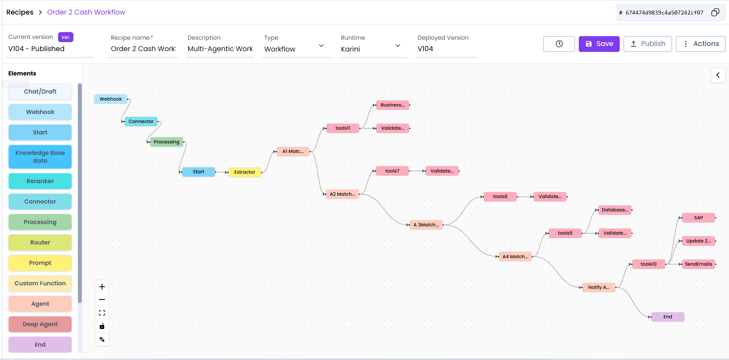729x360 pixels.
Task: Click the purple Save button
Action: [x=599, y=44]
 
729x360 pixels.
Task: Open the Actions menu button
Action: [x=700, y=44]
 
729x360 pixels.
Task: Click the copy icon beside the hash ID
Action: [x=715, y=13]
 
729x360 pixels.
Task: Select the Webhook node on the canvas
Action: [x=111, y=99]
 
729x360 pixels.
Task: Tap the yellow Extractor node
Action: [x=245, y=172]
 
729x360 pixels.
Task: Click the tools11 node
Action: [x=342, y=128]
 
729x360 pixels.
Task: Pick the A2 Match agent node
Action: [x=342, y=194]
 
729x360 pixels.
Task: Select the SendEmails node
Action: [x=698, y=264]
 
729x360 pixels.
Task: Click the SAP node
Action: [x=698, y=218]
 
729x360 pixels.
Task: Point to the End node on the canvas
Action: [x=668, y=317]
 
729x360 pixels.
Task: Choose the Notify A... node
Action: [x=598, y=287]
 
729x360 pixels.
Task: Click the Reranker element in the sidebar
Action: [x=40, y=181]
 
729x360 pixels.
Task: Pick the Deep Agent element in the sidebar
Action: [x=40, y=324]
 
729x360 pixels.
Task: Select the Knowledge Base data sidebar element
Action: [x=40, y=157]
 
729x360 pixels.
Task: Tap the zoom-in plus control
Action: [x=102, y=287]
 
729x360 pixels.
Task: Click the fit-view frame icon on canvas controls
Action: [x=102, y=313]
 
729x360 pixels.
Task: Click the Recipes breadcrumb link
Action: [x=20, y=12]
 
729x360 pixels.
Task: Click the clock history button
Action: [x=559, y=44]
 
